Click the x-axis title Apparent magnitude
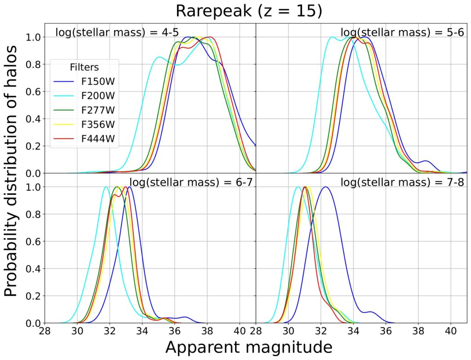(x=248, y=347)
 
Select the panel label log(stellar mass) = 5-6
(x=402, y=32)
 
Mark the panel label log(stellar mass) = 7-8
(x=402, y=183)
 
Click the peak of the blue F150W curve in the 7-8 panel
(x=326, y=187)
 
